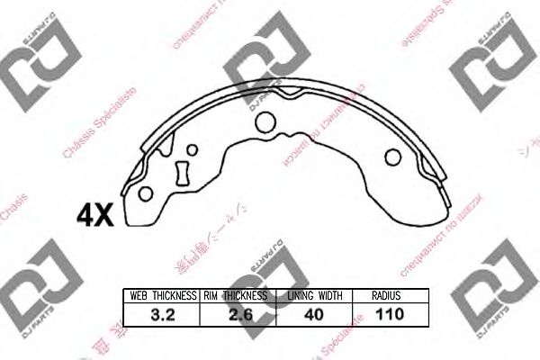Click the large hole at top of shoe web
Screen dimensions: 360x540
click(265, 121)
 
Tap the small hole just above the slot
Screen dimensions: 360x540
click(189, 150)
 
